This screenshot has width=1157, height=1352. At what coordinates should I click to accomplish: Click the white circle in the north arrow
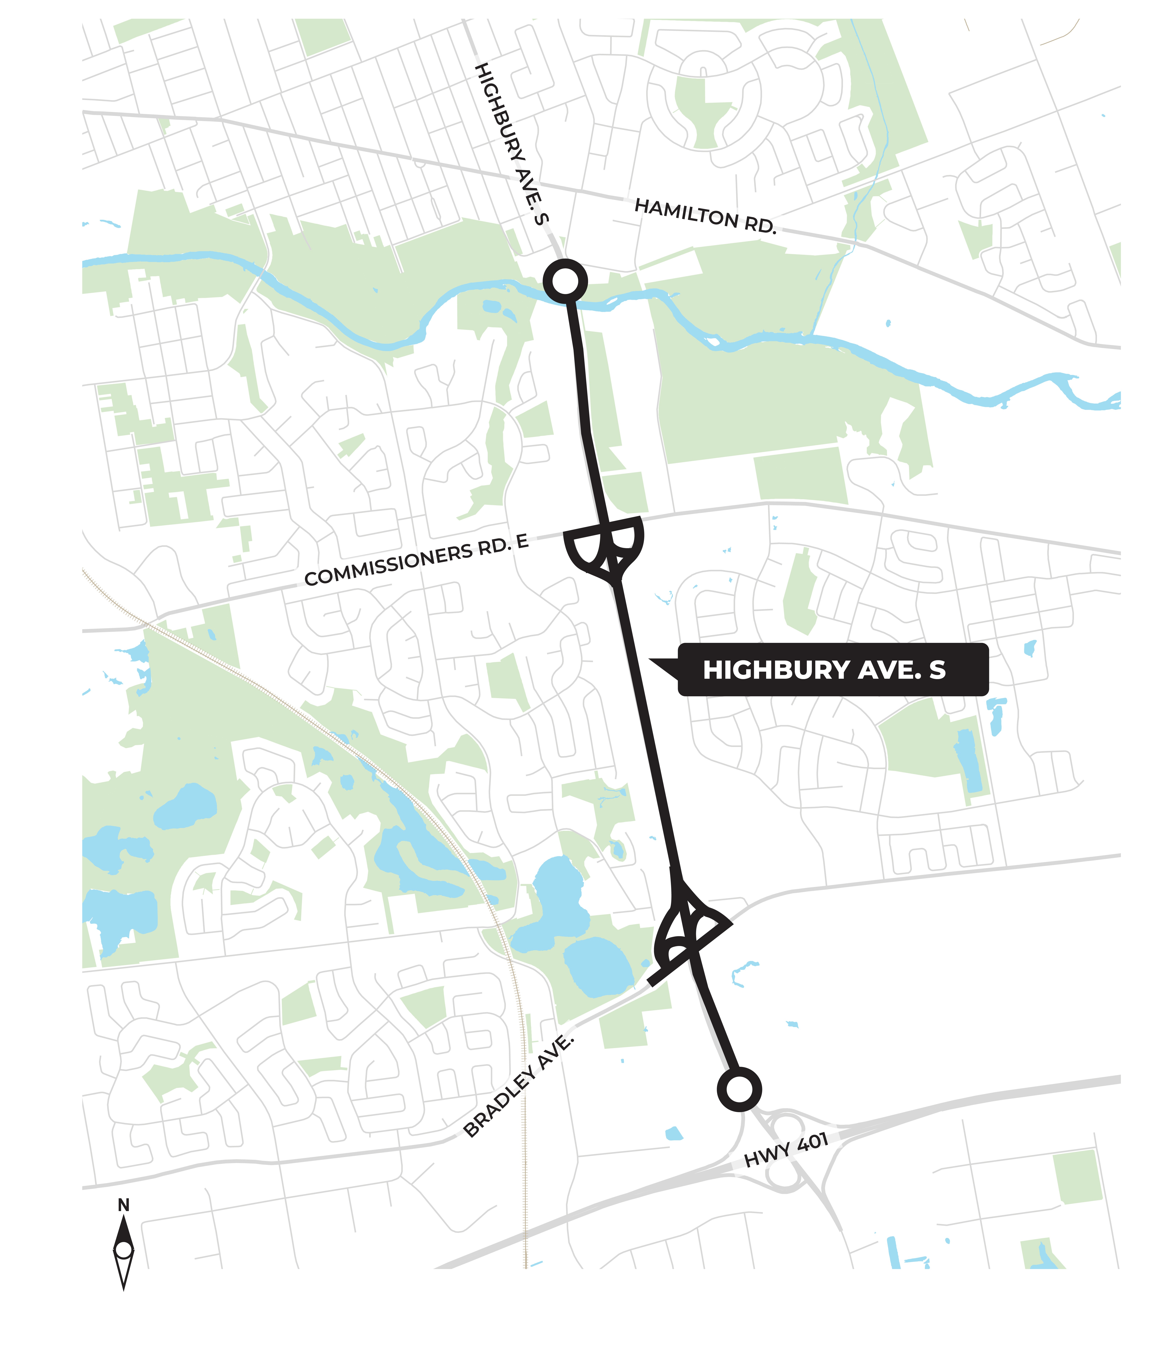[123, 1250]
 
